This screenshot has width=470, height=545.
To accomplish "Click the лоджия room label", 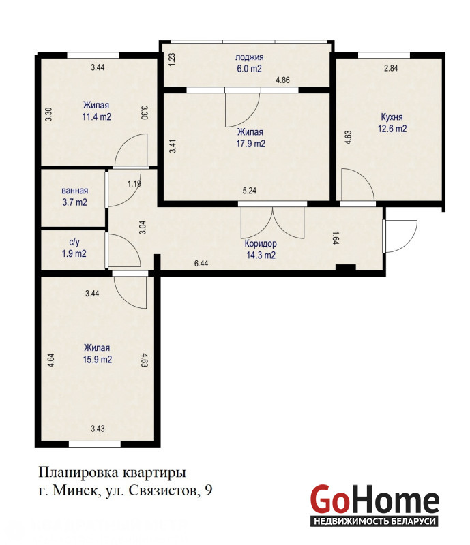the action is click(x=249, y=57).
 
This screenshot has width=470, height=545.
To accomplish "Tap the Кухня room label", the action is click(x=392, y=117).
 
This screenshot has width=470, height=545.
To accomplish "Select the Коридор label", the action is click(x=261, y=243).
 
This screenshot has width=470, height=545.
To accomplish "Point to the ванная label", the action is click(x=75, y=191).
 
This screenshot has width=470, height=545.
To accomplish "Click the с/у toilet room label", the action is click(x=74, y=243).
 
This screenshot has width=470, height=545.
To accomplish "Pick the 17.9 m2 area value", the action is click(x=250, y=144).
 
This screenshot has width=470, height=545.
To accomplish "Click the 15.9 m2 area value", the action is click(x=98, y=359).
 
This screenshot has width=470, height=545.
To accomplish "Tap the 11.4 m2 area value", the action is click(x=97, y=116).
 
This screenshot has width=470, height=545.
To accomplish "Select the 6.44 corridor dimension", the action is click(x=201, y=264).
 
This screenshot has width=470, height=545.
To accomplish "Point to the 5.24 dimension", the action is click(x=250, y=191).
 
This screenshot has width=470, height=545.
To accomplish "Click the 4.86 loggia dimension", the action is click(x=282, y=80).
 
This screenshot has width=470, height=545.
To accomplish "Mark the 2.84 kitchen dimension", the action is click(x=391, y=68).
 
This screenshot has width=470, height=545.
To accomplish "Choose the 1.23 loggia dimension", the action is click(x=172, y=59).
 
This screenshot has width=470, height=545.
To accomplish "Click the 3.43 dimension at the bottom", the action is click(x=98, y=429).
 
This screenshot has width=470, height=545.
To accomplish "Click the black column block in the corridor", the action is click(x=346, y=268).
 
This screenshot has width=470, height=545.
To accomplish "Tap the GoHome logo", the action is click(x=374, y=505).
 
